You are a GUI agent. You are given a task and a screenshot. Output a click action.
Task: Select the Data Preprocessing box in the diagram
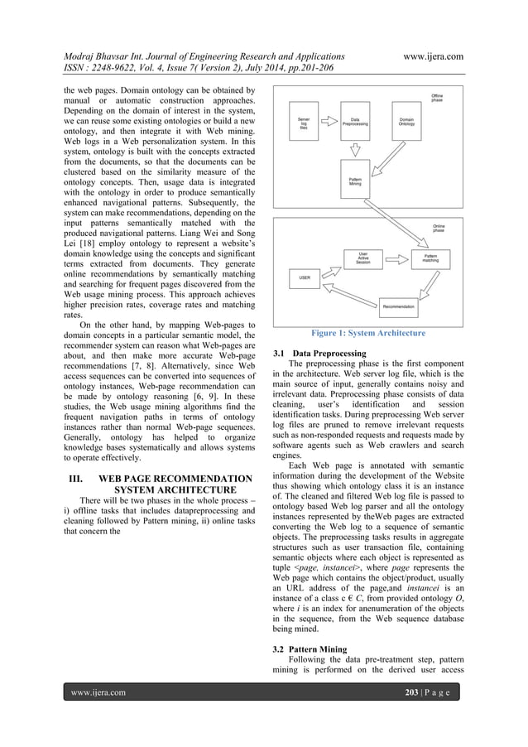[x=355, y=122]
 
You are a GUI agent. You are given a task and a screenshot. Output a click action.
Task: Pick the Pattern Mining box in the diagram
[x=355, y=181]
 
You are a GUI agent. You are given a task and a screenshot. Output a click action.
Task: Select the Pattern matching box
[x=431, y=258]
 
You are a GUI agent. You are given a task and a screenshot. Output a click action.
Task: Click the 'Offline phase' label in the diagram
[x=437, y=99]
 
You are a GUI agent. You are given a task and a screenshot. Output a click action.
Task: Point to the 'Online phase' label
[x=438, y=228]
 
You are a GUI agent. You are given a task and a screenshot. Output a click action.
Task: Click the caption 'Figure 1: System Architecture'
[x=368, y=334]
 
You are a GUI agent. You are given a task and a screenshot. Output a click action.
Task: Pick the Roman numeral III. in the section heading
[x=79, y=479]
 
